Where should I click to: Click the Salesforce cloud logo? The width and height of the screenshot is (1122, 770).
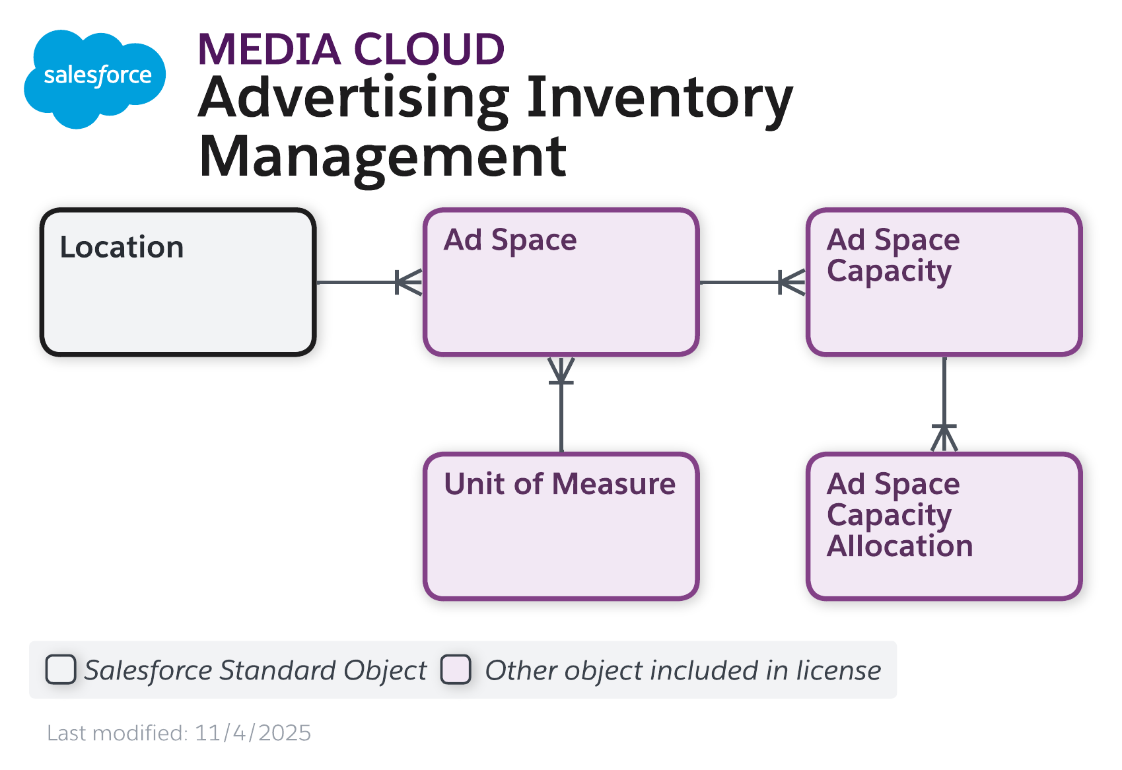94,78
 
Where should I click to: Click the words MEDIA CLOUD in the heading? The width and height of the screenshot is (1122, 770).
351,50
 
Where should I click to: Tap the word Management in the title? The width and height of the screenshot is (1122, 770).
382,157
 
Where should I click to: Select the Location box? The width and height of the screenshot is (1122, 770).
178,283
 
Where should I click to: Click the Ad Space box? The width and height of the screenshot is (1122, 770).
561,283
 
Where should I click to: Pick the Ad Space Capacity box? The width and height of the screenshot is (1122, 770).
944,283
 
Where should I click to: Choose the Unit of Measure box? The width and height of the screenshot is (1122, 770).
561,526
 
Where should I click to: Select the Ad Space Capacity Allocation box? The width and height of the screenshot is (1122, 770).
944,526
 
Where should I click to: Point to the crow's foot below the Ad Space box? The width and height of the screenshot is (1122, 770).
561,371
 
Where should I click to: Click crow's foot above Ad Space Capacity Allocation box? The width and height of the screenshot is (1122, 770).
944,438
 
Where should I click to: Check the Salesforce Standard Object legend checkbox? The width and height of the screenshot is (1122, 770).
61,670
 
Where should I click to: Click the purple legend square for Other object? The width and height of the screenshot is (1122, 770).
456,670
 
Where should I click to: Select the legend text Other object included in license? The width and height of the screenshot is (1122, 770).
683,670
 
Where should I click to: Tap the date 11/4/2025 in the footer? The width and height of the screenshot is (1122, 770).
253,733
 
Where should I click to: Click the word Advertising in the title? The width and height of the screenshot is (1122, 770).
354,98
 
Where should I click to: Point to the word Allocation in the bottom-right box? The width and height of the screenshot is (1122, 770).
899,546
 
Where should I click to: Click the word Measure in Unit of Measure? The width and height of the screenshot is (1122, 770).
614,484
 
